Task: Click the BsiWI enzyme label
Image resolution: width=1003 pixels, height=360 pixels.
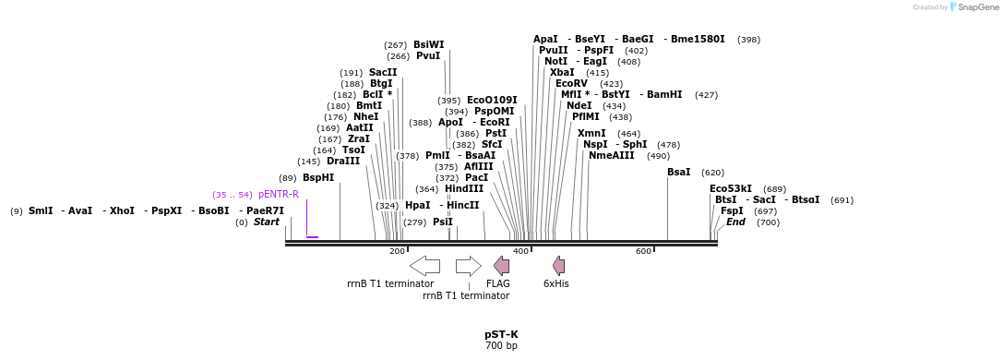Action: pyautogui.click(x=428, y=44)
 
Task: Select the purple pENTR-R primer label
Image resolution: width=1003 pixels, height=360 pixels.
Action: pyautogui.click(x=279, y=195)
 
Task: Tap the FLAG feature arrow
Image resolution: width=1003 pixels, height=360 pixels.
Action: pyautogui.click(x=501, y=266)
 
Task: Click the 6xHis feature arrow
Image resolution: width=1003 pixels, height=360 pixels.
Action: pyautogui.click(x=558, y=266)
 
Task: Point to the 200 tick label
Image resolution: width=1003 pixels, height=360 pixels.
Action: pyautogui.click(x=397, y=251)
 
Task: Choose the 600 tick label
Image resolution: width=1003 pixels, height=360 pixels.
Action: pyautogui.click(x=643, y=251)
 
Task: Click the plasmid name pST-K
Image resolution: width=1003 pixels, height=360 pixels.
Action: pyautogui.click(x=501, y=334)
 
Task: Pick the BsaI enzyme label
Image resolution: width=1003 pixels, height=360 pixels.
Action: pyautogui.click(x=679, y=173)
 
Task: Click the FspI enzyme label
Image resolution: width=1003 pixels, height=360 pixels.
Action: pyautogui.click(x=732, y=211)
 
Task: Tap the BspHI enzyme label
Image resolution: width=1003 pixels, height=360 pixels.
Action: pyautogui.click(x=318, y=178)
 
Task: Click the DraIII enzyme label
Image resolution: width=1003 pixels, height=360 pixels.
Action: pyautogui.click(x=343, y=162)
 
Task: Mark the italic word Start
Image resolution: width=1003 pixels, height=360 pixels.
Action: pyautogui.click(x=266, y=222)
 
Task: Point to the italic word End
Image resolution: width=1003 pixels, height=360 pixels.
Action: pyautogui.click(x=735, y=222)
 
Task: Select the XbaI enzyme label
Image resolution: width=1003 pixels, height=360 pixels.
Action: pyautogui.click(x=562, y=72)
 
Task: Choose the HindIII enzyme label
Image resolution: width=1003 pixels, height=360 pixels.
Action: pyautogui.click(x=464, y=188)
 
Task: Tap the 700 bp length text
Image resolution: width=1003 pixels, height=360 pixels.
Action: pyautogui.click(x=501, y=346)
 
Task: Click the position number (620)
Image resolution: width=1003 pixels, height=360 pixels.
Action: pyautogui.click(x=712, y=173)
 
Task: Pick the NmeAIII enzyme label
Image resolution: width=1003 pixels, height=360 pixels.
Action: pyautogui.click(x=612, y=155)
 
